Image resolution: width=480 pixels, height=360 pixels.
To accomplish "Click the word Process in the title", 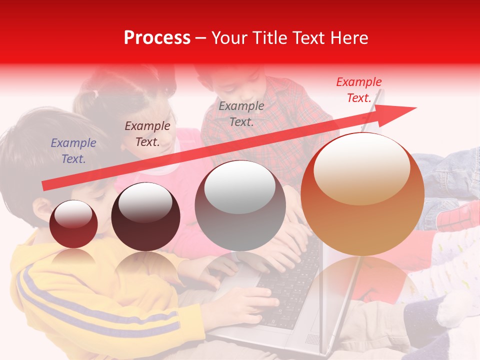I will point(157,38).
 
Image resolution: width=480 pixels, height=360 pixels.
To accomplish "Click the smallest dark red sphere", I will point(73,224).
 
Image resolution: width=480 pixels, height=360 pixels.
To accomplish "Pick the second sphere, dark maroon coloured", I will point(145,216).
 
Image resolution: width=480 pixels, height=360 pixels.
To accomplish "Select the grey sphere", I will point(240,206).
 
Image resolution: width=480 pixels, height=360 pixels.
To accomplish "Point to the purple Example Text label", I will point(73,150).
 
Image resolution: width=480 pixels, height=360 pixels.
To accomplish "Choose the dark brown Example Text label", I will point(147,133).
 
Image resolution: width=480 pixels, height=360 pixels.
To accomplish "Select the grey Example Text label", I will point(241,113).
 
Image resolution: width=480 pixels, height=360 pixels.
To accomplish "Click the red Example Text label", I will point(358,90).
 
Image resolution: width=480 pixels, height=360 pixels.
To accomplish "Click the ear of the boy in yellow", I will point(42,208).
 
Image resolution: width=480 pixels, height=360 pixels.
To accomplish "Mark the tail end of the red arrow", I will point(45,186).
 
